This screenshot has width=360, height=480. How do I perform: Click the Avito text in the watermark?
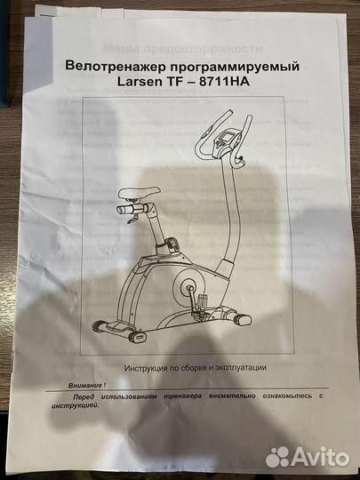[321, 456]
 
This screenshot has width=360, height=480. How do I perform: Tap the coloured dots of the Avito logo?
[278, 456]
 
